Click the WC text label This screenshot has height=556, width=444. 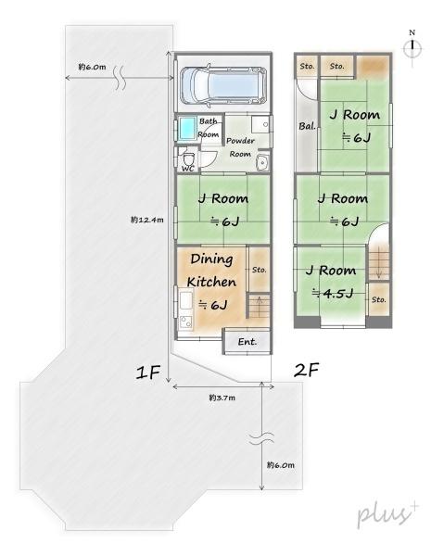[x=187, y=169]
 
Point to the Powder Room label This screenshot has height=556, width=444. [x=241, y=145]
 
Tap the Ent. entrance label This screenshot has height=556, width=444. [x=247, y=342]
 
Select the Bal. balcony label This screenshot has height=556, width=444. [x=305, y=125]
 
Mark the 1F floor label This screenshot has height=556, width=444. [x=149, y=372]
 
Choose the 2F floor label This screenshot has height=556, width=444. [x=307, y=370]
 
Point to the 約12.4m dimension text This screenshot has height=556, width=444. [x=147, y=220]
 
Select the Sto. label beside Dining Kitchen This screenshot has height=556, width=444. [x=259, y=270]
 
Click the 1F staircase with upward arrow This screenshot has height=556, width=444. [x=259, y=310]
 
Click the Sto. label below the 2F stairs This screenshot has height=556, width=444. [x=378, y=299]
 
